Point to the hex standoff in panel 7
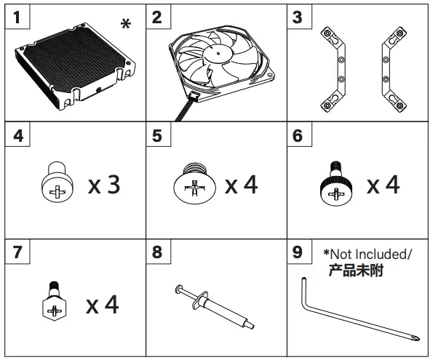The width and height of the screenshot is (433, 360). click(x=52, y=301)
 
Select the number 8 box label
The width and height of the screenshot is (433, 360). click(x=157, y=254)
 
